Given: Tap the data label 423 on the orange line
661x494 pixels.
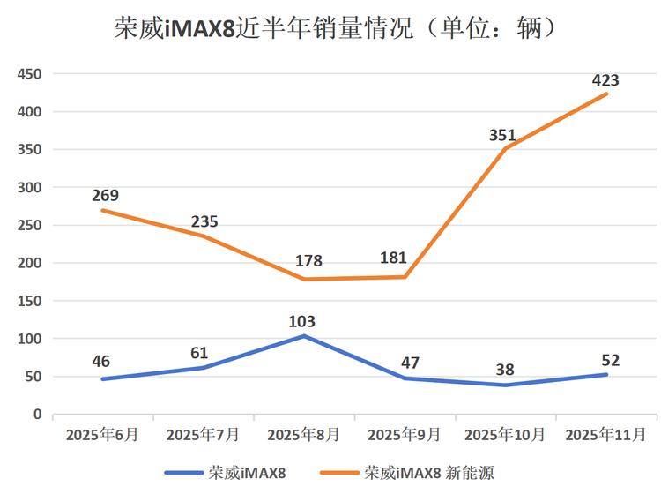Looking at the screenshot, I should [605, 80].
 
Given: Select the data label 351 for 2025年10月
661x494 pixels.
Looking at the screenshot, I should [506, 135].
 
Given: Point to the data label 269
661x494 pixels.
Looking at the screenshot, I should [105, 196].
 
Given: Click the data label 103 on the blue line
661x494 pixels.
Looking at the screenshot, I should [301, 322].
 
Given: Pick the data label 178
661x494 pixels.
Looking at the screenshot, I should [308, 261].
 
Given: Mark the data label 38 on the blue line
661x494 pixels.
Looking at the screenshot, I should [504, 370].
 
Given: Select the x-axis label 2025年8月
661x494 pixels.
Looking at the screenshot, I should [305, 434].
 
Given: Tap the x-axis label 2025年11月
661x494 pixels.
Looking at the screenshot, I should [605, 434].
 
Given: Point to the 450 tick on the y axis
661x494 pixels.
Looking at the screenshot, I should [30, 74].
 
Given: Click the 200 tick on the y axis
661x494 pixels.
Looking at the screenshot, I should [30, 263].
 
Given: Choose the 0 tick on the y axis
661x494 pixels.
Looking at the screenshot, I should [38, 414].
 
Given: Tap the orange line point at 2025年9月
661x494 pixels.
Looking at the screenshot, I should [405, 277].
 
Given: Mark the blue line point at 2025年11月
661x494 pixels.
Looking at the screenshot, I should [605, 374].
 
